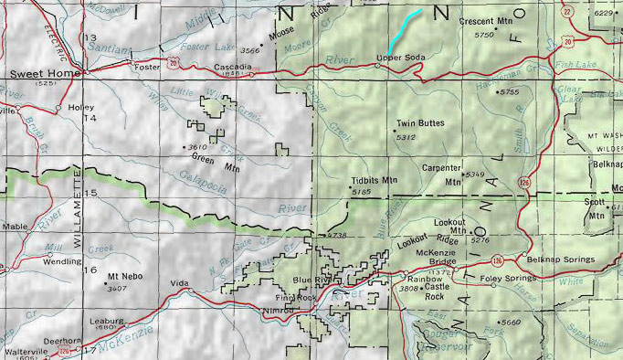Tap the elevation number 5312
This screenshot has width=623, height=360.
(407, 137)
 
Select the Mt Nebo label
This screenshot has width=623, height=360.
(123, 276)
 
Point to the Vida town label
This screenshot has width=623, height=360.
(180, 284)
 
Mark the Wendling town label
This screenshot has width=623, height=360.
(62, 261)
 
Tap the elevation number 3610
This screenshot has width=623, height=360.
(195, 147)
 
